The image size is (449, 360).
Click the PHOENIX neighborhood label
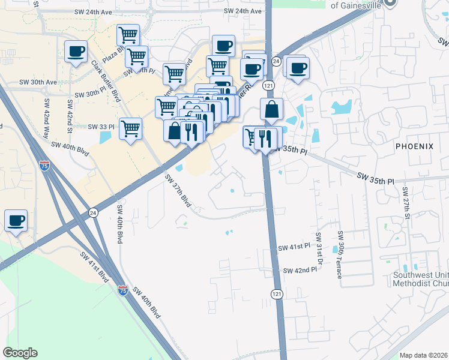[414, 146]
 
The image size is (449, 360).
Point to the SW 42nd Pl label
[300, 271]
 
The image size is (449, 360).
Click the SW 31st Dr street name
[319, 249]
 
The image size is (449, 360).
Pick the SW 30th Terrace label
[339, 254]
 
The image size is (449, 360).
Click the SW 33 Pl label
[101, 127]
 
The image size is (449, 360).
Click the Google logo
[20, 352]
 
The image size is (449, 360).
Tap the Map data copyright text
[423, 355]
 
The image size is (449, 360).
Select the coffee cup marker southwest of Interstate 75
[16, 221]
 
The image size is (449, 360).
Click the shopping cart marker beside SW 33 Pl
[130, 128]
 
